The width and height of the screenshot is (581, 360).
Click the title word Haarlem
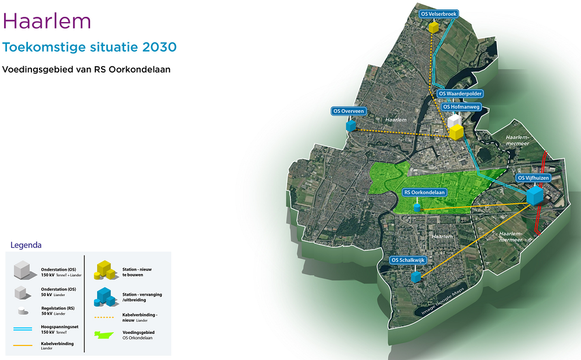point(47,21)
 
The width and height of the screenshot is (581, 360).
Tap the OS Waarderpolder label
point(461,93)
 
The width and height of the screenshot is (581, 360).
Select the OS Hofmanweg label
point(462,107)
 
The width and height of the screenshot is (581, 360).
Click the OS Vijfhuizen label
point(533,178)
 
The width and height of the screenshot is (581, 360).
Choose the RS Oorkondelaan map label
point(425,192)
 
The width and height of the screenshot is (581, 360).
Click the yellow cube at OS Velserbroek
point(433,27)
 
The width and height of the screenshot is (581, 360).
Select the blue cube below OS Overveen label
point(350,125)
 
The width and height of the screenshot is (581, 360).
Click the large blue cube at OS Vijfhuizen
point(535,195)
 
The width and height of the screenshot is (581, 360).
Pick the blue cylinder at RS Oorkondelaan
point(417,207)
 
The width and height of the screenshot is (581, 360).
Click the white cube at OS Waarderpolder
point(454,120)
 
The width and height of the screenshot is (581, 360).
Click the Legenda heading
point(26,245)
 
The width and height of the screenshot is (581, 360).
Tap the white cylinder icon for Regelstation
point(22,311)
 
